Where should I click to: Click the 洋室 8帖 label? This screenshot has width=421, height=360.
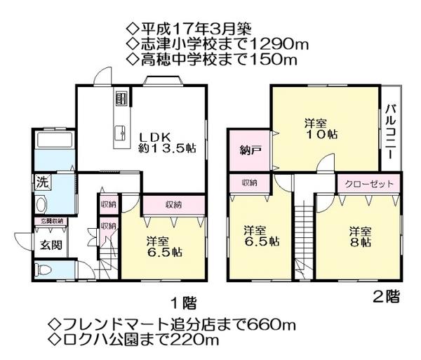point(361,236)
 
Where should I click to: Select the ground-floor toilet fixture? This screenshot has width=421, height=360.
point(44,270)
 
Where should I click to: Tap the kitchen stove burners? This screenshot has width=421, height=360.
point(120,97)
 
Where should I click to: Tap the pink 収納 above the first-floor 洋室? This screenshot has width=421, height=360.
point(173,204)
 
